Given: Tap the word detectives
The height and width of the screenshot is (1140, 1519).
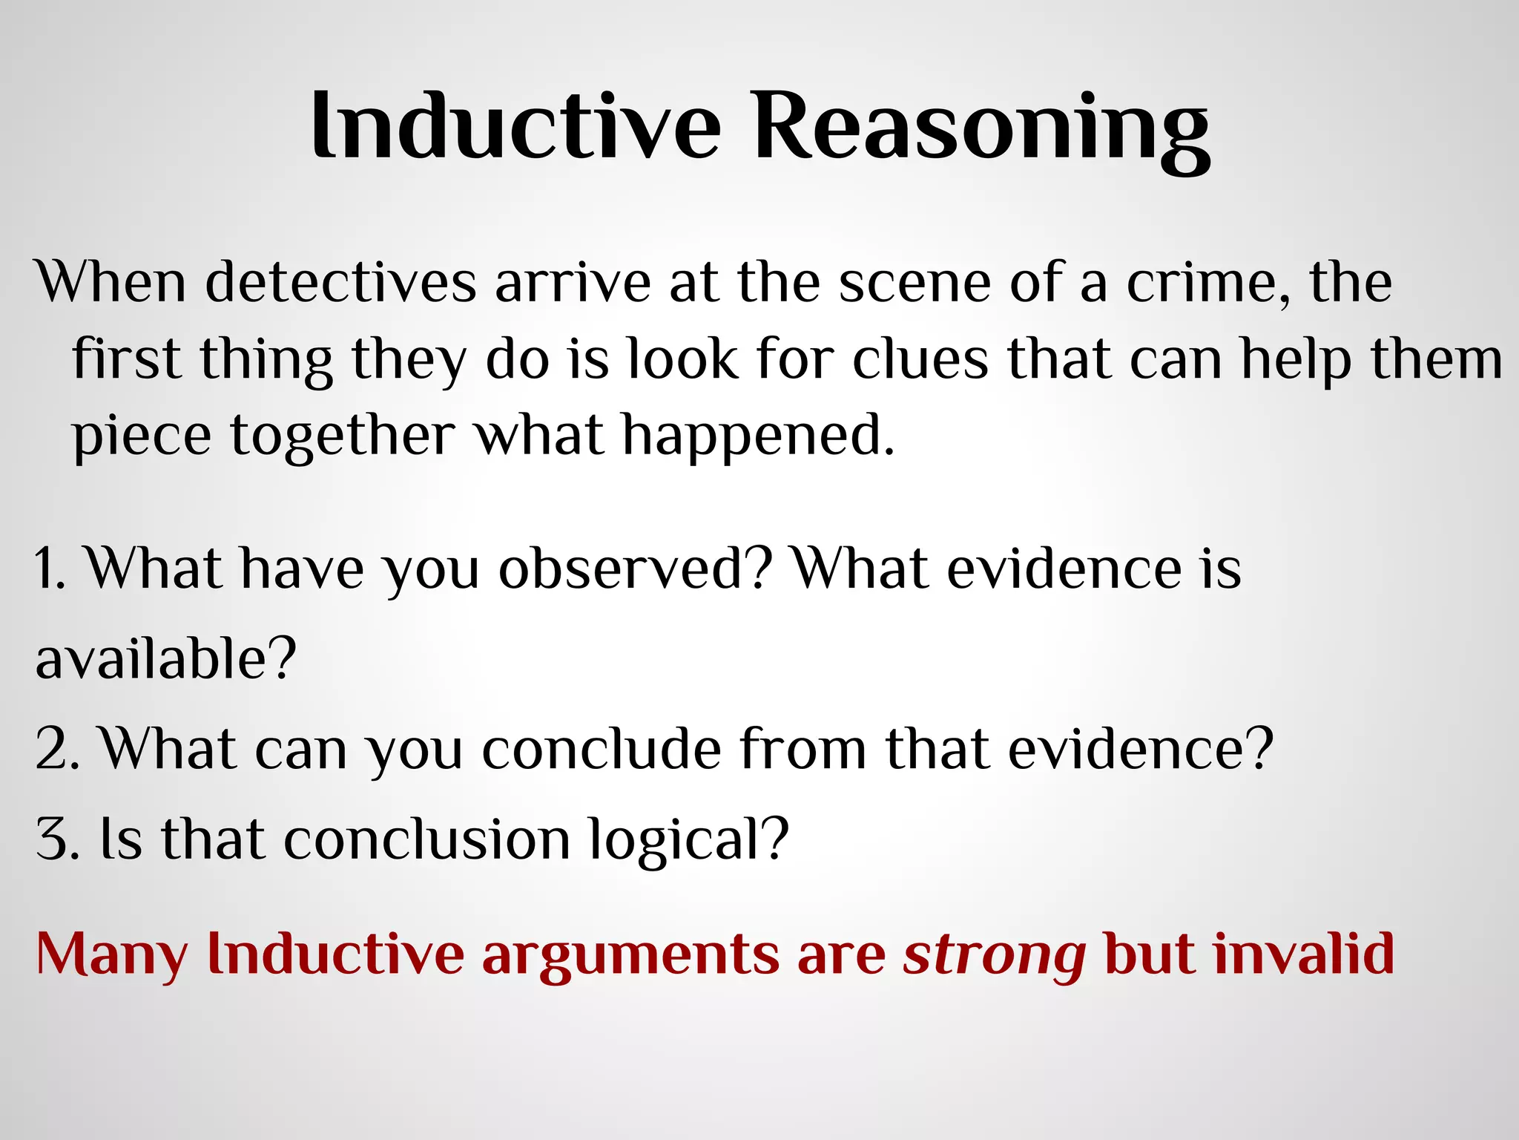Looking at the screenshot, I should (340, 283).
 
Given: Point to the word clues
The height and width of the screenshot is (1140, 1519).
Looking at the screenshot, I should (920, 359).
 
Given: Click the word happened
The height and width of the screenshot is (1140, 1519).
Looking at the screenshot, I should (758, 436).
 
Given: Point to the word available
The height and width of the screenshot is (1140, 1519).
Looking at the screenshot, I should (165, 659).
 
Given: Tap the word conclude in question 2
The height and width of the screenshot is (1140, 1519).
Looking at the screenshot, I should (602, 750).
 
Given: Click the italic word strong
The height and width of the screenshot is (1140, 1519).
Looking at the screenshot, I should (995, 955).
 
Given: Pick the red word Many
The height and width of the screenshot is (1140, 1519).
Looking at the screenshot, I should (112, 955).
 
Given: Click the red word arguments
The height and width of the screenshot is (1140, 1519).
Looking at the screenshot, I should (630, 955).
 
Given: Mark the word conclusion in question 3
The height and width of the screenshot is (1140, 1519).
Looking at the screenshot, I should (427, 839).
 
